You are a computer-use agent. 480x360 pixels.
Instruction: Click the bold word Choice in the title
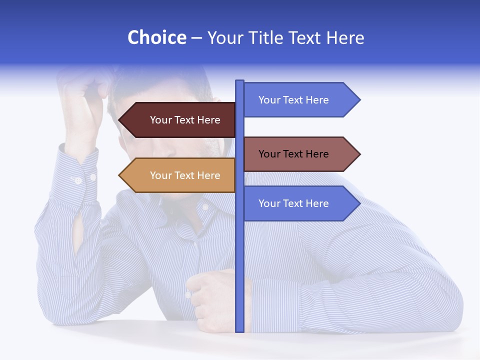pos(156,37)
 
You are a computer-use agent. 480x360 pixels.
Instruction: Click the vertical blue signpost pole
pos(239,260)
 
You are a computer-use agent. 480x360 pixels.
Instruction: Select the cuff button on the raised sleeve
pos(78,180)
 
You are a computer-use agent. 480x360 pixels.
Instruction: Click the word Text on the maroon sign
pos(185,120)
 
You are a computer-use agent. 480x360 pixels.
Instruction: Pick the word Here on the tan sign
pos(209,175)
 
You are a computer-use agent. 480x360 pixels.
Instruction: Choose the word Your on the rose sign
pos(268,154)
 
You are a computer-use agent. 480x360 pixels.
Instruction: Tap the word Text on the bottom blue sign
pos(293,203)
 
